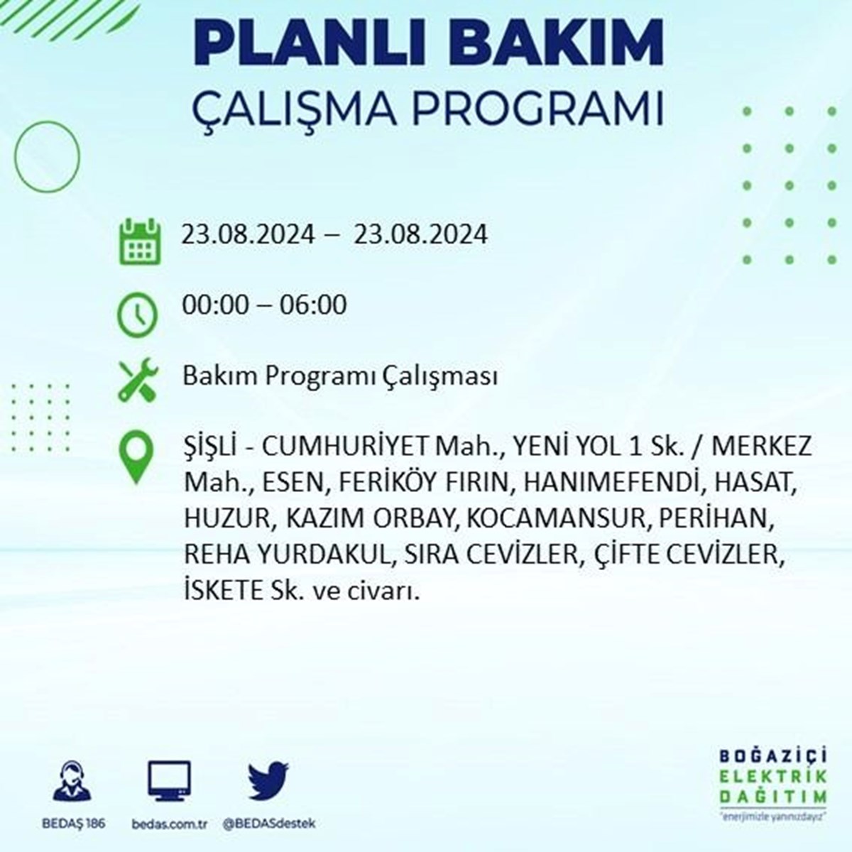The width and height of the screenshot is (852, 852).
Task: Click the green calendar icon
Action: tap(140, 241)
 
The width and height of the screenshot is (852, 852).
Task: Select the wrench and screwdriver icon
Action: tap(138, 380)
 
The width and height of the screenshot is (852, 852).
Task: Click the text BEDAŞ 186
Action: tap(73, 824)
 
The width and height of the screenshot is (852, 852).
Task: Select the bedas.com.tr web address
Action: tap(170, 824)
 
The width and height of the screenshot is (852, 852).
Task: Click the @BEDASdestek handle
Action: tap(269, 824)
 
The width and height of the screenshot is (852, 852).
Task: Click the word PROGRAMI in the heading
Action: tap(537, 109)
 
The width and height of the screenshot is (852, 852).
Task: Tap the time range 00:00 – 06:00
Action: tap(264, 305)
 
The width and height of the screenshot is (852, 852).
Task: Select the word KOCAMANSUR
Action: tap(556, 518)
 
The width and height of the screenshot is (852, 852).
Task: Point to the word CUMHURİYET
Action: tap(345, 447)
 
